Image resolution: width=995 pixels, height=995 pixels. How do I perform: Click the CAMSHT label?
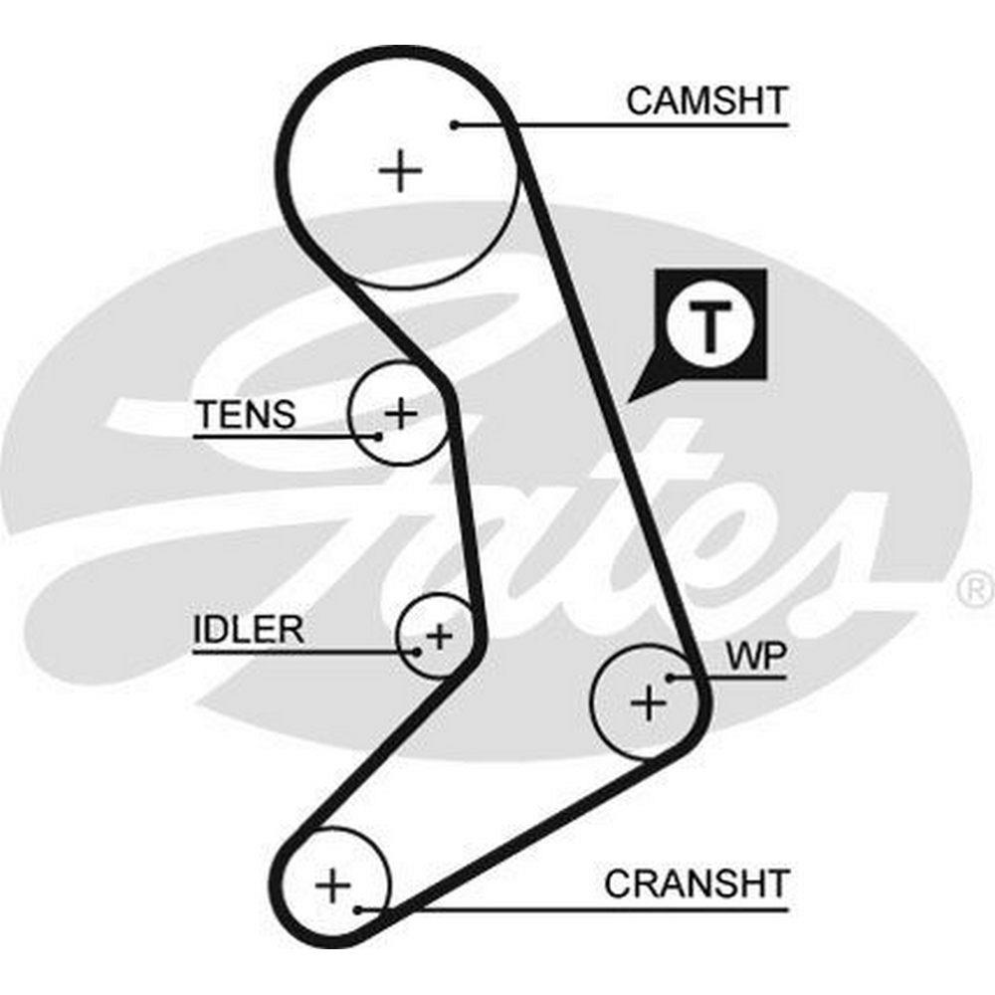click(x=706, y=99)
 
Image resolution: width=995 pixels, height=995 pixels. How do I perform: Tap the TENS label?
click(x=246, y=414)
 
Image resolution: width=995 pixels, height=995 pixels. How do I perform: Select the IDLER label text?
click(x=249, y=630)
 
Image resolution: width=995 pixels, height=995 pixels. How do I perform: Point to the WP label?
click(x=756, y=656)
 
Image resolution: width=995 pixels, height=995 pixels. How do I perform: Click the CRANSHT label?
click(x=696, y=883)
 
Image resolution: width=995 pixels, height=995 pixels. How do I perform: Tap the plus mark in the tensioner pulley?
click(x=400, y=412)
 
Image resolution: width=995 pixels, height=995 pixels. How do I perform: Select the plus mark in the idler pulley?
click(x=439, y=634)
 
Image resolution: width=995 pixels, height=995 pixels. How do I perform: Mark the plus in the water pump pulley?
click(x=649, y=703)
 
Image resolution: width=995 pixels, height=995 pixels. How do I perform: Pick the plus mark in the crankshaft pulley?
click(x=333, y=883)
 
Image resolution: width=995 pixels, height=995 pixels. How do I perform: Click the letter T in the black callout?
click(x=709, y=324)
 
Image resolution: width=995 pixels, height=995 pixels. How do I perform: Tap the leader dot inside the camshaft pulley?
click(x=454, y=124)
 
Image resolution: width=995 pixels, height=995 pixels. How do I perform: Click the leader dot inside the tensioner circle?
click(x=378, y=435)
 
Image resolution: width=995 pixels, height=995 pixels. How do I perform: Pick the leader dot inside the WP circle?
click(x=671, y=678)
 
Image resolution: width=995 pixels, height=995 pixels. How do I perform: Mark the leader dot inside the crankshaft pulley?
click(x=357, y=907)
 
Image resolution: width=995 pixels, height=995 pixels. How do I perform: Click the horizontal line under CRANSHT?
click(x=597, y=907)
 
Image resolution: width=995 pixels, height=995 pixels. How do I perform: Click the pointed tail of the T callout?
click(x=633, y=398)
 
